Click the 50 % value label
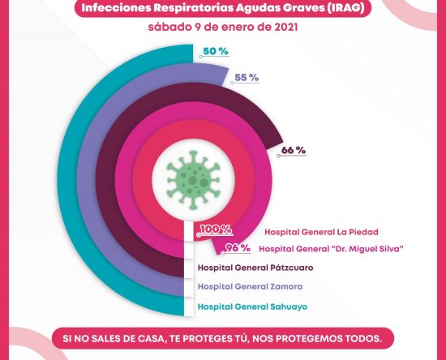(216, 51)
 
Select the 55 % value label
(247, 78)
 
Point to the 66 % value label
(294, 150)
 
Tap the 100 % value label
(216, 229)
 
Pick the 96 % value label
(238, 247)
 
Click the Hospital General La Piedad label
(321, 232)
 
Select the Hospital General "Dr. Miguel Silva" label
(331, 249)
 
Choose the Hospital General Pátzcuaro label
(255, 268)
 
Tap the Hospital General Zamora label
(250, 286)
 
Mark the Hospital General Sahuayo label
(252, 306)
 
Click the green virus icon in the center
(193, 180)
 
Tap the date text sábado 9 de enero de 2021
(223, 28)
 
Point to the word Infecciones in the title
(116, 7)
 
